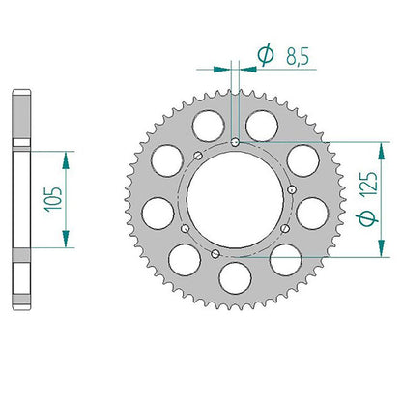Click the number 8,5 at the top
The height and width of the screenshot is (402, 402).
point(298,56)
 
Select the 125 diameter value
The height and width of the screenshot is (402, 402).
point(369,184)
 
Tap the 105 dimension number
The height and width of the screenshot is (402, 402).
point(53,199)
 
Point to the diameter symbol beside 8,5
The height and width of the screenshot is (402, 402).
point(266,55)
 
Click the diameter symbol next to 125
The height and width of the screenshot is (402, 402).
point(367,219)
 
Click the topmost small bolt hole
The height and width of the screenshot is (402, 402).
point(236,142)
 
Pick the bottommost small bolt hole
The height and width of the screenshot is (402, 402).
point(215,254)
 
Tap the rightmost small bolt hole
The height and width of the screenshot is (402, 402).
point(293,189)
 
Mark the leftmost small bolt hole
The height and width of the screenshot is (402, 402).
point(185,229)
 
